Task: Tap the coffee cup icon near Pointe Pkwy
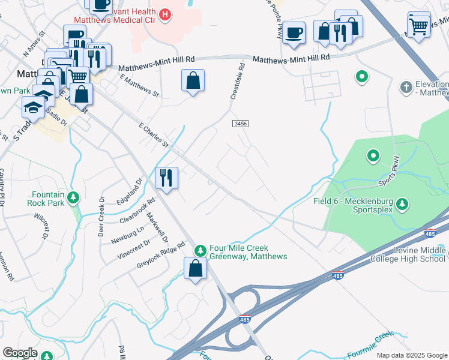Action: (294, 33)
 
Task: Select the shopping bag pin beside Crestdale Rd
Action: (193, 81)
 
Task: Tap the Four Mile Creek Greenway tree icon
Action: (200, 250)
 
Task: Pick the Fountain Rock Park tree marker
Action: (73, 197)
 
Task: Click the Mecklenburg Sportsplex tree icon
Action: (402, 205)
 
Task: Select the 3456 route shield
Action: (240, 123)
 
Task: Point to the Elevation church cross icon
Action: (406, 87)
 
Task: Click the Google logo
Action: (20, 353)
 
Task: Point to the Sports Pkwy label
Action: (388, 172)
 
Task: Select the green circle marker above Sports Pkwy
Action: (373, 157)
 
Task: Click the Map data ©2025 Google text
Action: (411, 355)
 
